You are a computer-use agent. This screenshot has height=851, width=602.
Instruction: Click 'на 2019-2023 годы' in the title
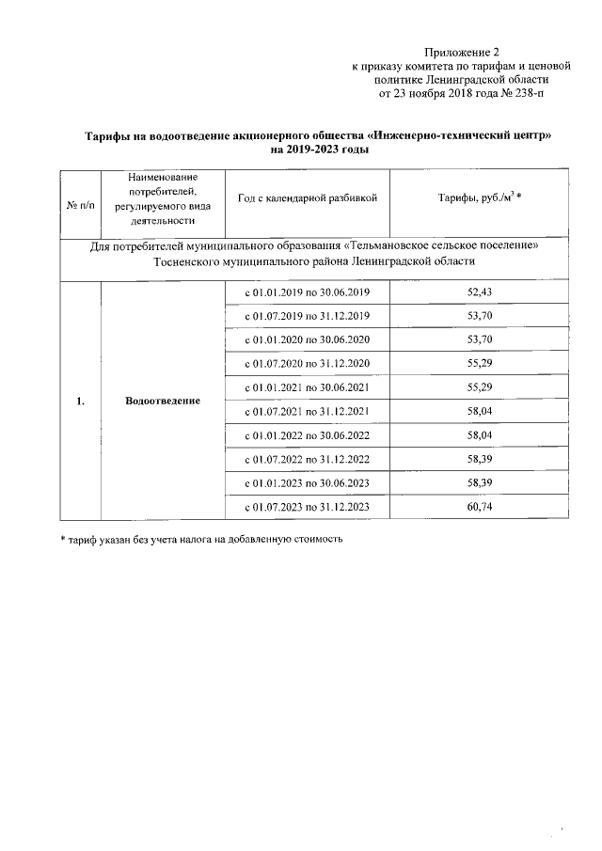tap(320, 150)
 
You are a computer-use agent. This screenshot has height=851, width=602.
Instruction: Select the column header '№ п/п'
tap(81, 199)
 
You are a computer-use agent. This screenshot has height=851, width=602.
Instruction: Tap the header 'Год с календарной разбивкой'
tap(308, 199)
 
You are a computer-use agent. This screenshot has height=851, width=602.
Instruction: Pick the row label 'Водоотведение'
tap(163, 401)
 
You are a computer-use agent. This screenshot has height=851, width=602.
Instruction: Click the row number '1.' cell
tap(81, 401)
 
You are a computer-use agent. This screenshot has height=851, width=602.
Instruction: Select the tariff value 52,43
tap(480, 292)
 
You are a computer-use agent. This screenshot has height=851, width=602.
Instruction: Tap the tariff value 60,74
tap(480, 508)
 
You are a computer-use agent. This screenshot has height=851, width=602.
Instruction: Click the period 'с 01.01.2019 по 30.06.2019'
tap(308, 292)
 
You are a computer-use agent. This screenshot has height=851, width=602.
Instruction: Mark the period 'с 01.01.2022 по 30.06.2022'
tap(308, 435)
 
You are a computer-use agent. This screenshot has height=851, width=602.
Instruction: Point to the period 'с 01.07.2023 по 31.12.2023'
tap(308, 508)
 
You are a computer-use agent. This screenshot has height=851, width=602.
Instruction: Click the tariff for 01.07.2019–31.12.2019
tap(480, 316)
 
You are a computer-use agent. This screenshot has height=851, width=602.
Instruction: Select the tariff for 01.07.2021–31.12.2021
tap(480, 412)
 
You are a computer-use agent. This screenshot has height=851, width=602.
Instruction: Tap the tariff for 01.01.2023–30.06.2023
tap(480, 483)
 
